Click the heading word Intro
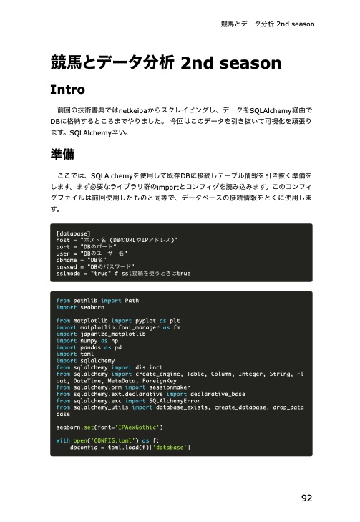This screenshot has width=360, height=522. point(68,91)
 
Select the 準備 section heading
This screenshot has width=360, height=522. point(62,155)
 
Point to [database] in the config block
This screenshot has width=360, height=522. point(73,234)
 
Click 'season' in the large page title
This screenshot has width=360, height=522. point(245,63)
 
